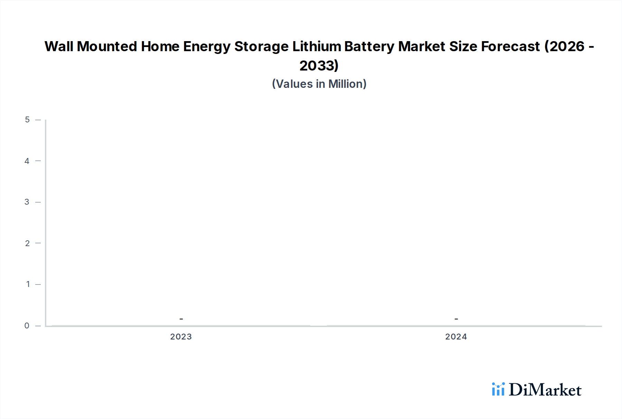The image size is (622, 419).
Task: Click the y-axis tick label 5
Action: coord(27,120)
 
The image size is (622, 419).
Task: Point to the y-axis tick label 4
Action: coord(27,161)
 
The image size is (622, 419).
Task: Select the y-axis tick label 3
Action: coord(27,202)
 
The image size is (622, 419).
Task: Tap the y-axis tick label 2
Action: coord(27,243)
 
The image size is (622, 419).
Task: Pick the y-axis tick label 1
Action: coord(28,284)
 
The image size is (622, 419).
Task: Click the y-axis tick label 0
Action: coord(27,325)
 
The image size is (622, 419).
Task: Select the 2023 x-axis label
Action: coord(181,337)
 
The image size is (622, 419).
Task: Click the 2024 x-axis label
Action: coord(456,337)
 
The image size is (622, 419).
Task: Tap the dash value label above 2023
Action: coord(181,319)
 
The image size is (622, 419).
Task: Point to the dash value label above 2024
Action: coord(456,319)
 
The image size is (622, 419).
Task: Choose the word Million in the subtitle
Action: coord(347,84)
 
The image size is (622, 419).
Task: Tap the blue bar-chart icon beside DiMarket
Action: coord(498,389)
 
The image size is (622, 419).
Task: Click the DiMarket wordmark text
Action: coord(545,390)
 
